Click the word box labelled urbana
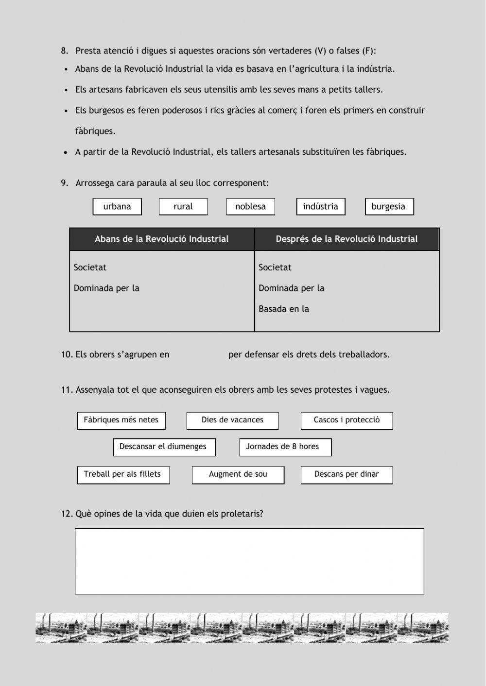coord(117,206)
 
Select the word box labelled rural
coord(183,206)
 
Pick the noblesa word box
coord(250,206)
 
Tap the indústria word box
coord(321,206)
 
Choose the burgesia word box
coord(389,206)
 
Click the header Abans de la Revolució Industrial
coord(162,239)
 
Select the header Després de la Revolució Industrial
coord(347,239)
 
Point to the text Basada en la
coord(284,309)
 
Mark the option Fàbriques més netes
coord(121,420)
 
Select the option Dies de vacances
coord(232,420)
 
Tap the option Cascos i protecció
coord(347,420)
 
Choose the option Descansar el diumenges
coord(164,447)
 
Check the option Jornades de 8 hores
coord(285,447)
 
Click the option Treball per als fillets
coord(123,474)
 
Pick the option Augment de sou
coord(238,474)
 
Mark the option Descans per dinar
coord(347,474)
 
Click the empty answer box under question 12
coord(249,561)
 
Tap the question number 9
coord(64,183)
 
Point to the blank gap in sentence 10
coord(199,355)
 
